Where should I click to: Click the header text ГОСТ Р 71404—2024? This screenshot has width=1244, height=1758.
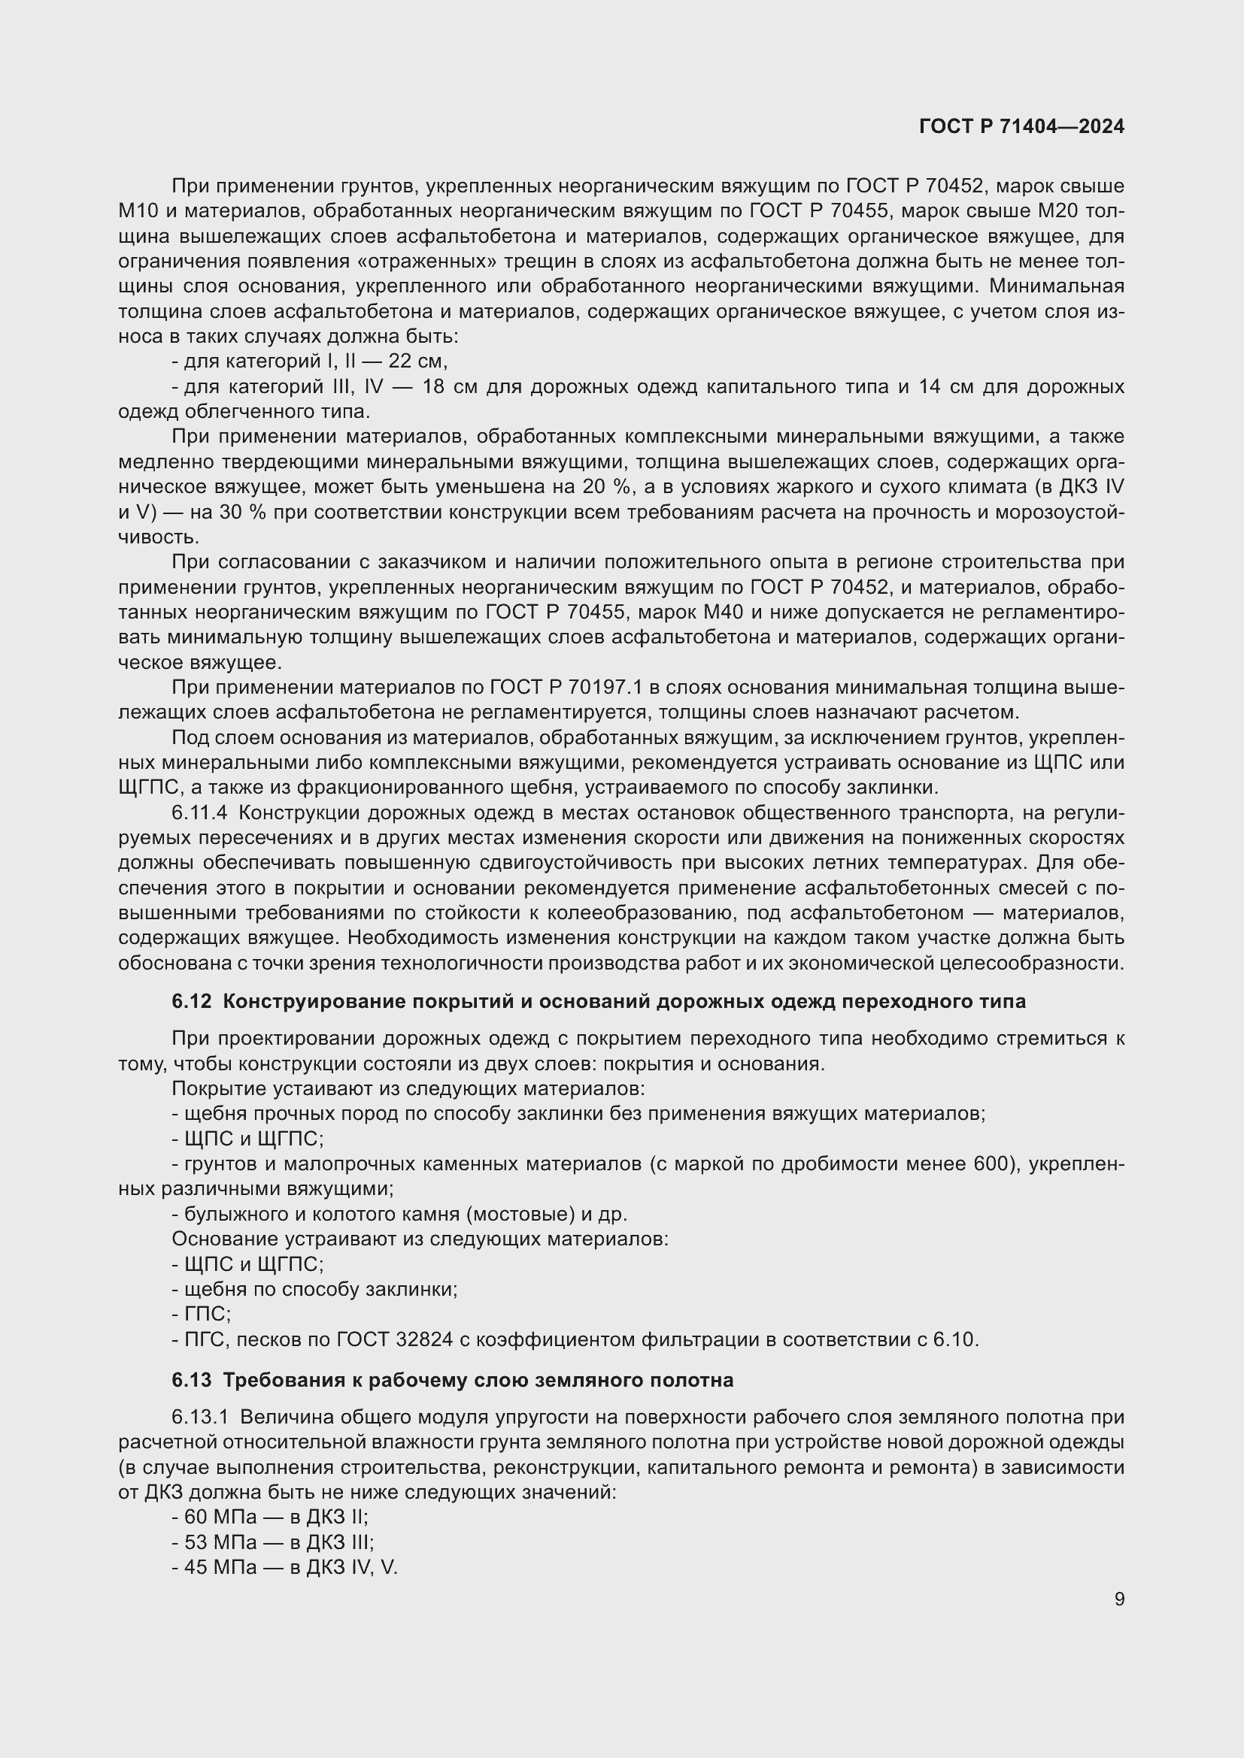(x=1021, y=126)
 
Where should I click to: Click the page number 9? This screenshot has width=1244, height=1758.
(x=1119, y=1599)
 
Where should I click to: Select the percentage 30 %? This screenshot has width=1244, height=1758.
(x=242, y=513)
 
